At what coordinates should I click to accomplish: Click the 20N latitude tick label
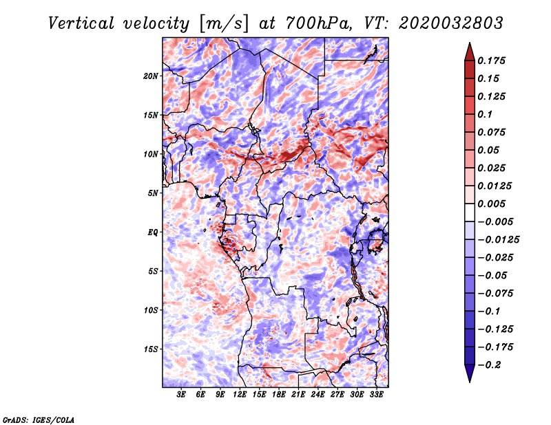[x=151, y=76]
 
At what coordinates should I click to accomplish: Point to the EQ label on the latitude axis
[x=153, y=232]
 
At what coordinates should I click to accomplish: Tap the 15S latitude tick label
[x=151, y=349]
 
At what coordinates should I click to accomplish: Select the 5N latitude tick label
[x=153, y=193]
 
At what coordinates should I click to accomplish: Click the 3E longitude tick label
[x=181, y=395]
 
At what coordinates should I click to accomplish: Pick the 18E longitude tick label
[x=279, y=395]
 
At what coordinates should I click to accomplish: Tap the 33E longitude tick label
[x=376, y=395]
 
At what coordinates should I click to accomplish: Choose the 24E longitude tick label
[x=318, y=395]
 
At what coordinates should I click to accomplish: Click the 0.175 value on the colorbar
[x=491, y=61]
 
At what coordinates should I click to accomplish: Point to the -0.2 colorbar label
[x=489, y=365]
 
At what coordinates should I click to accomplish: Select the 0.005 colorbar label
[x=491, y=204]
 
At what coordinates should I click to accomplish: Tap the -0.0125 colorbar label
[x=498, y=240]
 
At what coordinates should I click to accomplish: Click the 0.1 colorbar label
[x=485, y=114]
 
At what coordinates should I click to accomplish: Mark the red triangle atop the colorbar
[x=470, y=52]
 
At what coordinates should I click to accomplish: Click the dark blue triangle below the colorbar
[x=470, y=373]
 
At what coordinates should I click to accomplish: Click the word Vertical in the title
[x=81, y=23]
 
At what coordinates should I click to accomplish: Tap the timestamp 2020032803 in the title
[x=451, y=23]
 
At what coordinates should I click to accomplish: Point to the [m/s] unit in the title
[x=224, y=23]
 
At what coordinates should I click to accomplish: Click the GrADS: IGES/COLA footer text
[x=39, y=419]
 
